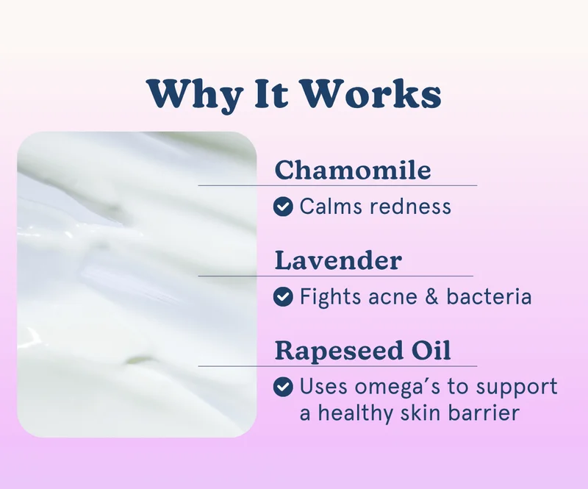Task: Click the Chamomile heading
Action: (x=353, y=171)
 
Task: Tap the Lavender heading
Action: (x=338, y=260)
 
